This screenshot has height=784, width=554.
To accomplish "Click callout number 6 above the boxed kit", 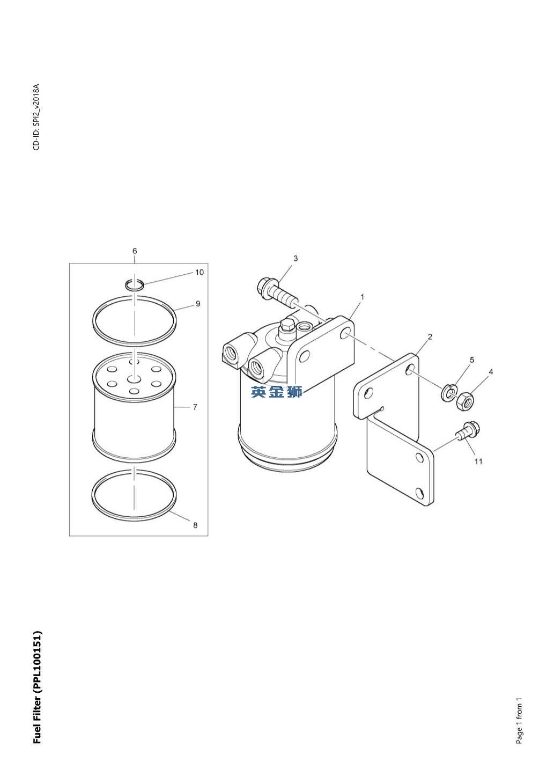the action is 135,251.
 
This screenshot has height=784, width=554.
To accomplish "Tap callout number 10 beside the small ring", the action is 200,272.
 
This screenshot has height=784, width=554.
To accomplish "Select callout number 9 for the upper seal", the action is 198,304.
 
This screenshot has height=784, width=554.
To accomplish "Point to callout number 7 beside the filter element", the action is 195,407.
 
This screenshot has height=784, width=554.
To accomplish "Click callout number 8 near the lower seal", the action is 195,525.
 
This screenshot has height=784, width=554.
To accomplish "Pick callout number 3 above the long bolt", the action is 296,258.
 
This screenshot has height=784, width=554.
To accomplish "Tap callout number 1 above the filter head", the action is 363,297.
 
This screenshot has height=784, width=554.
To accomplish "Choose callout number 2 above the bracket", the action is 430,336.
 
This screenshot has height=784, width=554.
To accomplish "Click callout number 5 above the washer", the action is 472,360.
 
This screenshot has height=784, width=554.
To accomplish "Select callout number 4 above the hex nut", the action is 491,372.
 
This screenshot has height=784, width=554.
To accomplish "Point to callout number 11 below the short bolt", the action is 478,461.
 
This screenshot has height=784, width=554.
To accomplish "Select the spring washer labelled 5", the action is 449,393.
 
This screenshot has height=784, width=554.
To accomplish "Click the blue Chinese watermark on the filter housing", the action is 276,392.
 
